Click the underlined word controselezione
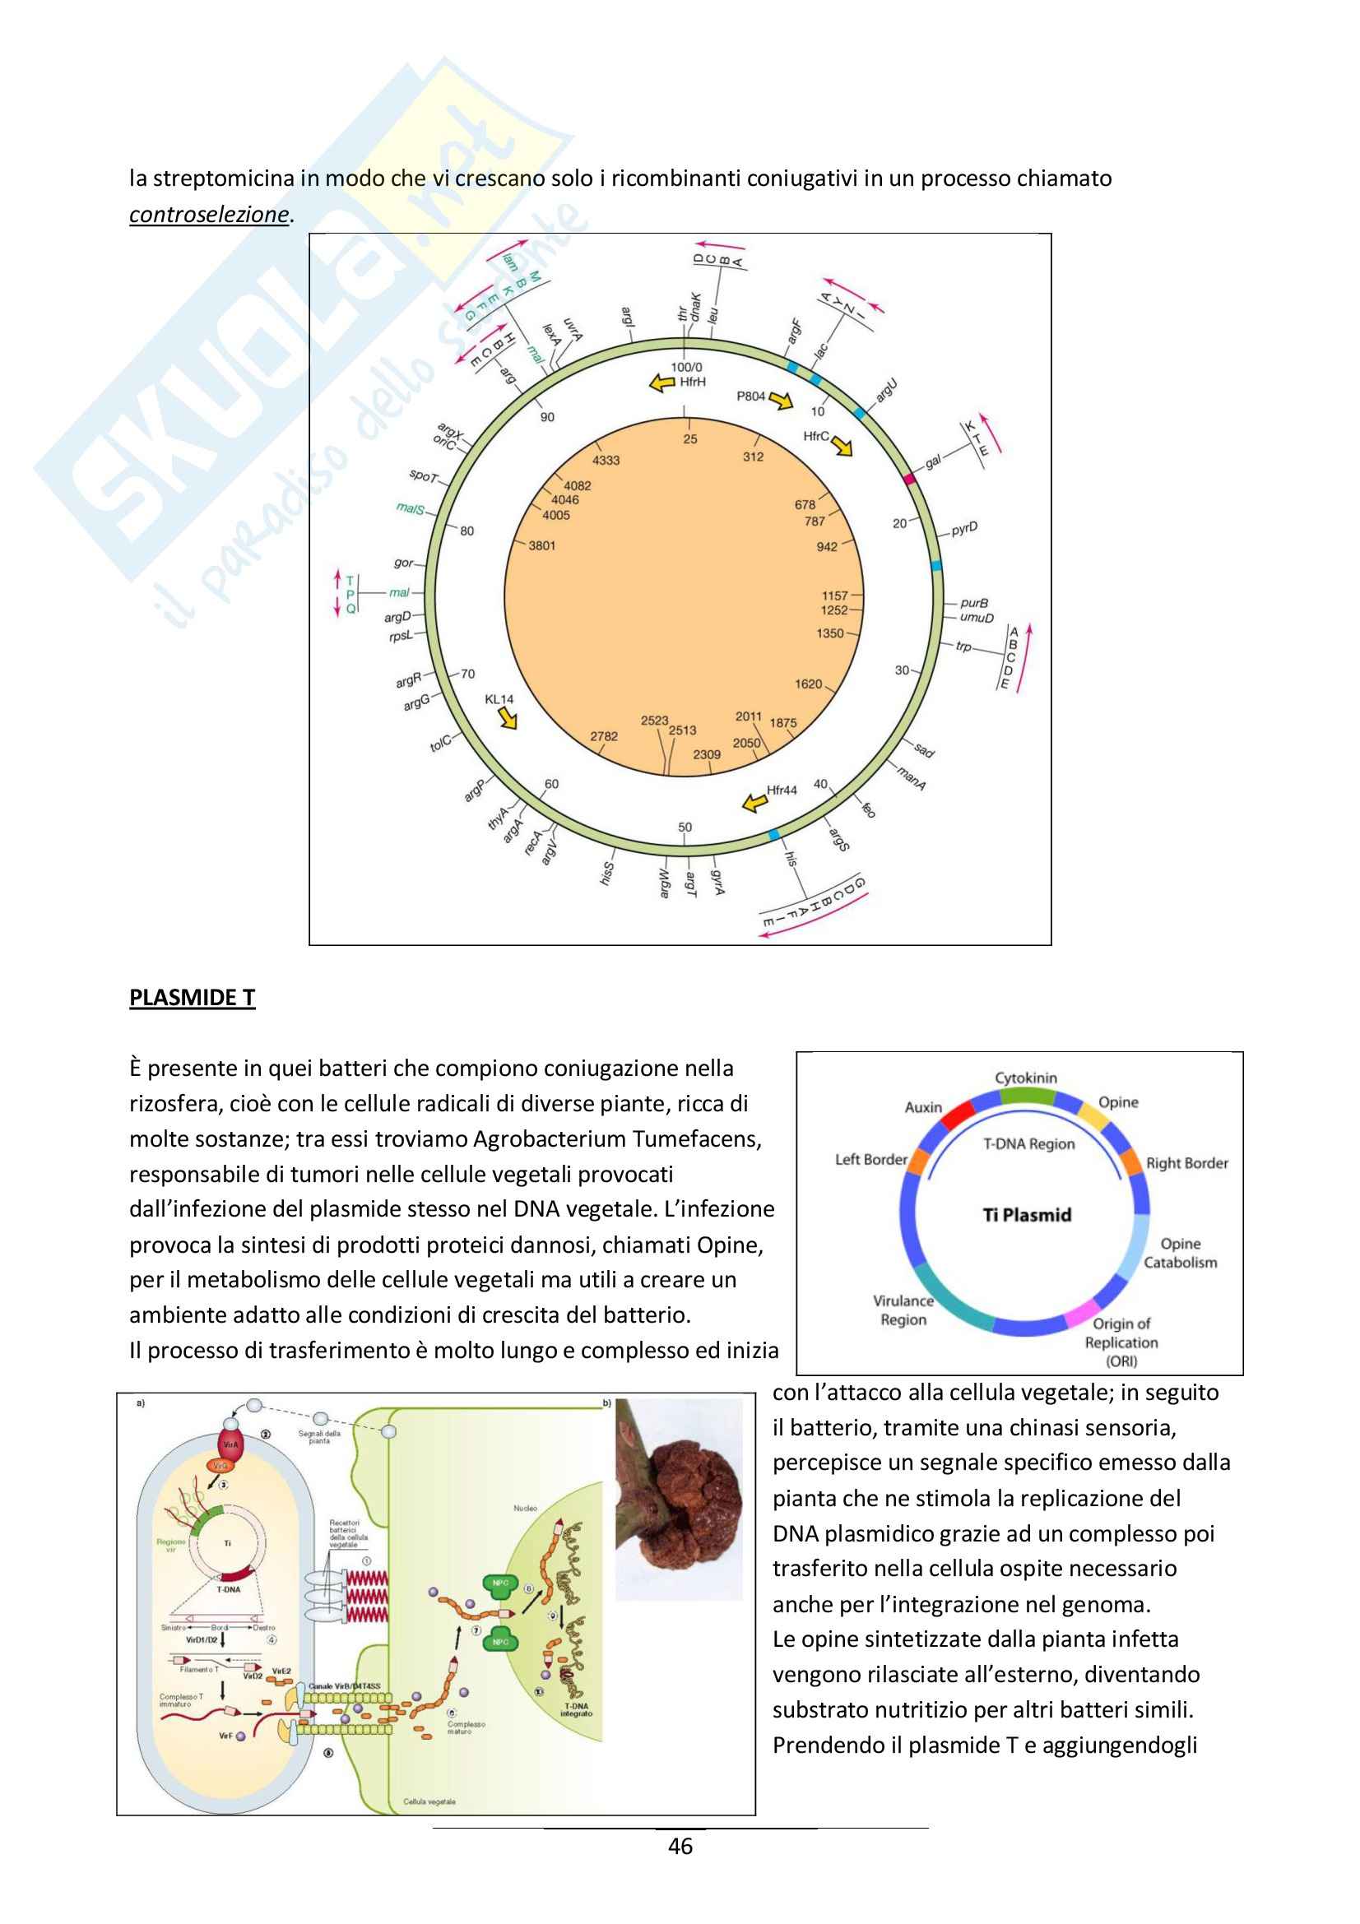(x=209, y=215)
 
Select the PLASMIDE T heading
(x=192, y=997)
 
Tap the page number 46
(x=680, y=1846)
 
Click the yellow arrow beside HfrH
(x=664, y=383)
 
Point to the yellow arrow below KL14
(x=506, y=717)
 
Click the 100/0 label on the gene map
(x=686, y=367)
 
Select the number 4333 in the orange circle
(x=606, y=460)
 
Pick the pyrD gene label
(x=964, y=529)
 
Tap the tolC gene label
(x=441, y=742)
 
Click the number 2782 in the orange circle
(x=603, y=736)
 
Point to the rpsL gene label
(x=401, y=636)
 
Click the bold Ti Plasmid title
(x=1027, y=1215)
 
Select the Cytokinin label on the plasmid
(x=1026, y=1078)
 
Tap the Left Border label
(x=870, y=1160)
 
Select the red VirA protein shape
(x=230, y=1444)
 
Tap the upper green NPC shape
(x=500, y=1583)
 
